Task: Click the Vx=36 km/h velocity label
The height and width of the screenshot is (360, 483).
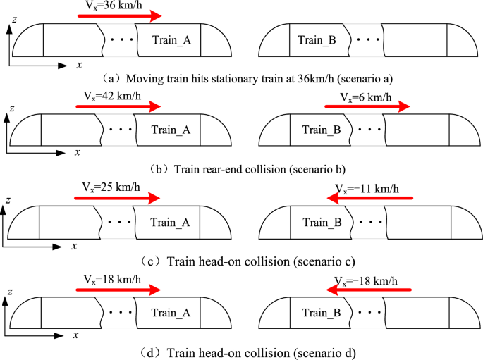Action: point(116,5)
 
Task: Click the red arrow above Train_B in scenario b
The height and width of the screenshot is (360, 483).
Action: point(367,108)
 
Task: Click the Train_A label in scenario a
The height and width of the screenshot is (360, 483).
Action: point(171,41)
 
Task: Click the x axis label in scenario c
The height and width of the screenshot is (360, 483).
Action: point(74,247)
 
